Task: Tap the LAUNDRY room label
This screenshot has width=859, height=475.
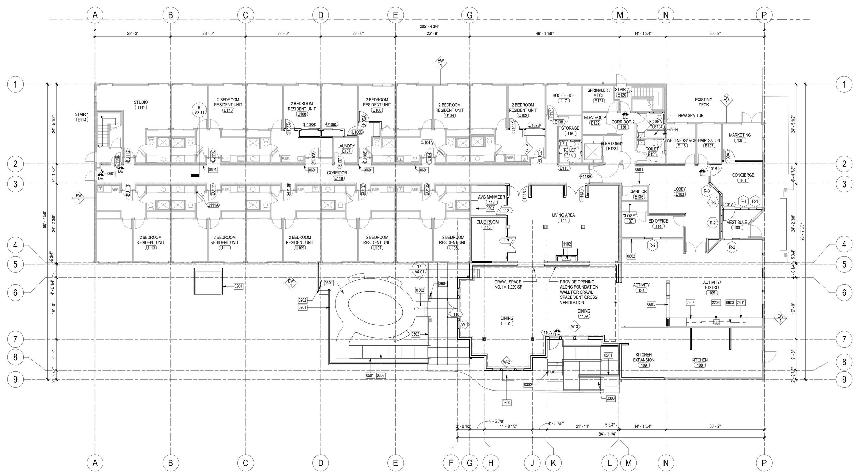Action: [346, 148]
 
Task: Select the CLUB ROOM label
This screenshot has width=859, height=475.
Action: [487, 224]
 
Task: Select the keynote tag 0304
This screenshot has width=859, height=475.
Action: [506, 402]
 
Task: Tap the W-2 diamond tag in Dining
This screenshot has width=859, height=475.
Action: [506, 362]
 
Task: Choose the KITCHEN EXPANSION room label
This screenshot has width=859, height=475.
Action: [644, 360]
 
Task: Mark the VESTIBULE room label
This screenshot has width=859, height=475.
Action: [737, 225]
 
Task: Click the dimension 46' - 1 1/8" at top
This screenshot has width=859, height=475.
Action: [544, 34]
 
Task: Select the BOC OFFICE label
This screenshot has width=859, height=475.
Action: [564, 98]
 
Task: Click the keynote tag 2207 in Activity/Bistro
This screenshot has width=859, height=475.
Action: [691, 303]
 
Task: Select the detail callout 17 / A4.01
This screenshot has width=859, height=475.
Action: [419, 270]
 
